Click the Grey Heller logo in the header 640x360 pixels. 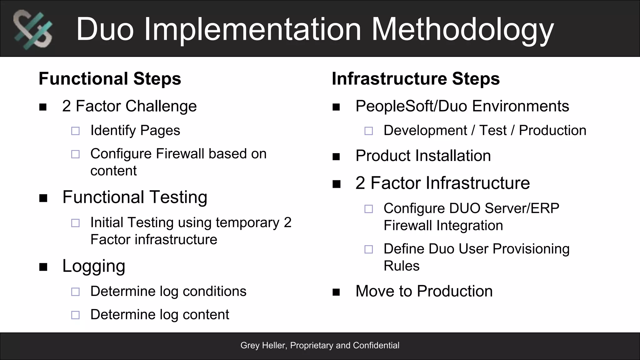[x=33, y=29]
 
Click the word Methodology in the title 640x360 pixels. [x=462, y=29]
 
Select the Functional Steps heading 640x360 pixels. [x=110, y=78]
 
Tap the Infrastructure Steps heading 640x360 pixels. [x=416, y=78]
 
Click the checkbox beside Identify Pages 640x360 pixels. [x=75, y=131]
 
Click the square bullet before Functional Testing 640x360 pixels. [x=43, y=198]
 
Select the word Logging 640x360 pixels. [x=94, y=266]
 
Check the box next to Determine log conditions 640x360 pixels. [x=75, y=292]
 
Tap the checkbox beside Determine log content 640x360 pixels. [x=75, y=315]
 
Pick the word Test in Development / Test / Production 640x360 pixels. [x=493, y=130]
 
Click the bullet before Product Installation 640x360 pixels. [x=336, y=156]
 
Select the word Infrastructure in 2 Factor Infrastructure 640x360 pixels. [x=450, y=183]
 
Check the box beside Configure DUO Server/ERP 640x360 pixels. [x=369, y=209]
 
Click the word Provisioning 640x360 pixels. [x=531, y=249]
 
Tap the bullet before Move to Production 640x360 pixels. [x=336, y=292]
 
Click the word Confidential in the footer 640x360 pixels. [x=376, y=345]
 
